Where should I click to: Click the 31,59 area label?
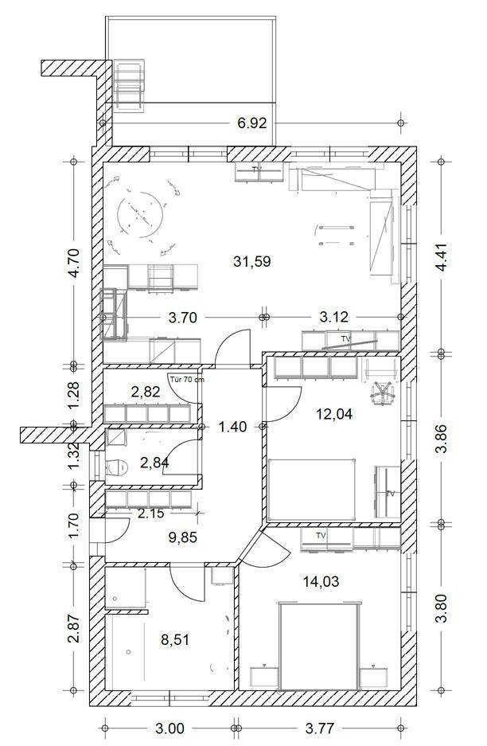tap(252, 261)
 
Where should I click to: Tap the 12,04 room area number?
tap(334, 414)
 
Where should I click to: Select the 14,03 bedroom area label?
tap(321, 581)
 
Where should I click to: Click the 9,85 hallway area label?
tap(183, 537)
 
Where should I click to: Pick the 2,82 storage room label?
tap(146, 392)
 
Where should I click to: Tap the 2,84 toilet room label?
tap(154, 462)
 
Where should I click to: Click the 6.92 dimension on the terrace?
tap(252, 123)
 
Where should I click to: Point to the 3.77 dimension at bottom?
tap(319, 728)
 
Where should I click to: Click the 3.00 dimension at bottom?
tap(169, 728)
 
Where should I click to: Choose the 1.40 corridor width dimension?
tap(232, 427)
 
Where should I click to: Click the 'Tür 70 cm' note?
tap(187, 379)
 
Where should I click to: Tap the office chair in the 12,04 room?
tap(383, 393)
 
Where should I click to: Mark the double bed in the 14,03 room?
tap(318, 646)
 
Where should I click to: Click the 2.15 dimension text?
tap(150, 514)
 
